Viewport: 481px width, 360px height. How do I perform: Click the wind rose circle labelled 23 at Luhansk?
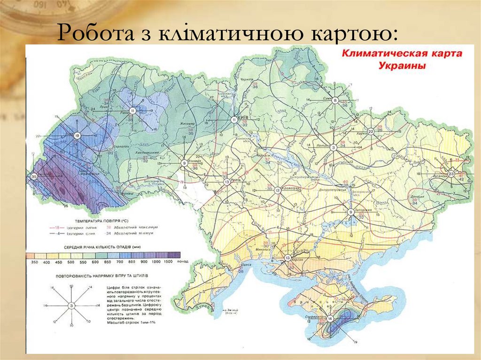(x=450, y=174)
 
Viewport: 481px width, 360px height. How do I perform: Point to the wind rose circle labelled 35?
(x=34, y=176)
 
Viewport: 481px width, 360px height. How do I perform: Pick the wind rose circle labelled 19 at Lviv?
(x=78, y=135)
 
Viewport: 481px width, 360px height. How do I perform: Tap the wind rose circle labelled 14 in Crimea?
(x=330, y=319)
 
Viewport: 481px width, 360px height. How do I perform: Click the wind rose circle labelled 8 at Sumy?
(x=335, y=100)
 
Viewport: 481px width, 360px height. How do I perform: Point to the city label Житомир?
(x=187, y=123)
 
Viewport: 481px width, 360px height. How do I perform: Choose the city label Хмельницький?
(x=147, y=153)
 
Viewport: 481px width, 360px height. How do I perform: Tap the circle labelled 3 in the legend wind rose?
(x=71, y=306)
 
